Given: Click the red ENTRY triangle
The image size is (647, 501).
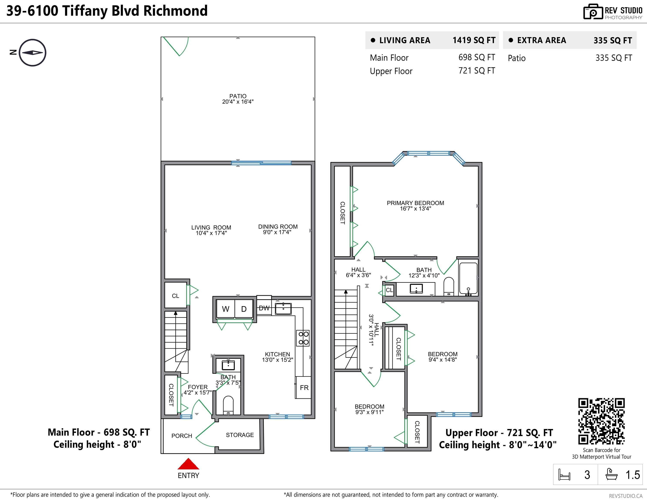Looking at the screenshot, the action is point(188,464).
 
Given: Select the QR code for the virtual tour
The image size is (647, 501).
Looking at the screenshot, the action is point(601,421).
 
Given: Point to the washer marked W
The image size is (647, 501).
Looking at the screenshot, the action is point(226,309).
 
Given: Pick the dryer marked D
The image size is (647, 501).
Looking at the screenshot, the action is point(244,309).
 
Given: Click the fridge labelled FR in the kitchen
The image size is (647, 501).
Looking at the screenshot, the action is point(303,387).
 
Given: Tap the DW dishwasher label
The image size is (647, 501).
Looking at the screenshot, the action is point(264,308).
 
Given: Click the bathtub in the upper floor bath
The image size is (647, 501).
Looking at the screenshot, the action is point(468,278).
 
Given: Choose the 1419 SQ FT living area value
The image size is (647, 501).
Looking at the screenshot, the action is point(474,40).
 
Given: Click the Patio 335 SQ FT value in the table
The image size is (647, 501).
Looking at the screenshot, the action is point(614,58).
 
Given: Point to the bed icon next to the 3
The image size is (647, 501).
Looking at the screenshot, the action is point(564,475).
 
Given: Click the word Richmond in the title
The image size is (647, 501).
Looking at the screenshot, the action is point(175,11).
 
